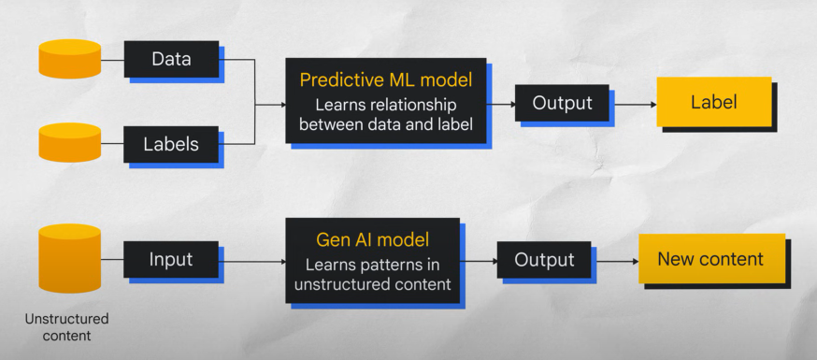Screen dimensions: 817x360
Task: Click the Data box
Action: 171,59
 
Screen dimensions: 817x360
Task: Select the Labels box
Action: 171,144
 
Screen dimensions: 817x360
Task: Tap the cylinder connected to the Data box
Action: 70,59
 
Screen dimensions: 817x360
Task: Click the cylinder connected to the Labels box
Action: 70,143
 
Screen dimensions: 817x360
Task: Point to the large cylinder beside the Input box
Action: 70,258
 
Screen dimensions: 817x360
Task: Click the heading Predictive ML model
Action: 386,80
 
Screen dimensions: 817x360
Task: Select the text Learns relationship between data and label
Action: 386,115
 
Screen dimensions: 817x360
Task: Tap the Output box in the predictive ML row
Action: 562,103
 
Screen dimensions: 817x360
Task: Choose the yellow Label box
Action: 714,102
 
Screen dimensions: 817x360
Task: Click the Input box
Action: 171,259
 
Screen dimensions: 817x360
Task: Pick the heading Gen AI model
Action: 373,240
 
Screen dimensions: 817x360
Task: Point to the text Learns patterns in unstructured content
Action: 373,275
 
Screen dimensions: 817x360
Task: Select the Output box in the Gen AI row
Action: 544,259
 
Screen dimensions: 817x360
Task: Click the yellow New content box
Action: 711,259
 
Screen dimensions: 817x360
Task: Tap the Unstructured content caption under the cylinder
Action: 66,327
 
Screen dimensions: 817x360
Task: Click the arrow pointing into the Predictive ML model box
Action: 270,105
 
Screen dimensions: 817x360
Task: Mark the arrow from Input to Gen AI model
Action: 252,262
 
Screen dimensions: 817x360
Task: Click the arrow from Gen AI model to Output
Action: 479,261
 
